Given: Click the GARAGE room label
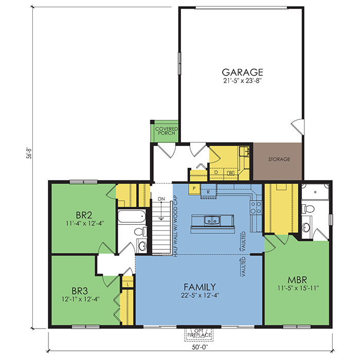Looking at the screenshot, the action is coord(242,73).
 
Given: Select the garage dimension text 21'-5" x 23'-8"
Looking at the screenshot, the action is coord(242,81).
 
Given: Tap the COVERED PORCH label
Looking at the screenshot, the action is coord(167,131).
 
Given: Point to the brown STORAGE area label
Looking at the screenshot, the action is coord(279,159).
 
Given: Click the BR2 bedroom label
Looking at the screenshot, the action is coord(84,215).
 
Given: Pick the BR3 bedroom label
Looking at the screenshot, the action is coord(80,291).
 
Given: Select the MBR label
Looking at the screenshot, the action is coord(297,280).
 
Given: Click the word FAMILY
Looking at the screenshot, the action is coord(200,287).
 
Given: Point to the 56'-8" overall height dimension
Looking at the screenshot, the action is coord(29,153).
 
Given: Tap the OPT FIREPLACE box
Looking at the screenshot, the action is coord(199,335).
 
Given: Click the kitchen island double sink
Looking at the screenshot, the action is coord(212,221).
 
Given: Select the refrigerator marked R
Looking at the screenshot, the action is coord(208,192).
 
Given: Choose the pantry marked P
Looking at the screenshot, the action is coord(194,189).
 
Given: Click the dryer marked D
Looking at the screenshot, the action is coord(217,173).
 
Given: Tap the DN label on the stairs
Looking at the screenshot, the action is coord(161,199).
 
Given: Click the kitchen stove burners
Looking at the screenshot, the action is coord(256,207).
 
